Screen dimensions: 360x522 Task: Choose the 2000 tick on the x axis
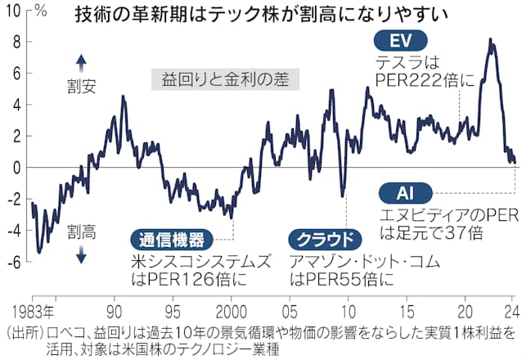[x=232, y=312]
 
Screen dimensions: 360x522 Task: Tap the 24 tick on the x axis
[x=510, y=312]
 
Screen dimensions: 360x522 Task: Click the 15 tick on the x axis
[x=406, y=312]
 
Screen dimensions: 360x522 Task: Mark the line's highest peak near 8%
[x=489, y=39]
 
